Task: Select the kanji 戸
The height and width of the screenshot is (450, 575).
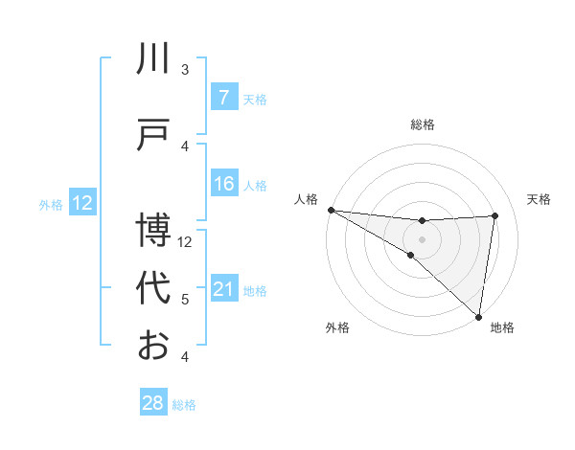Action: click(x=153, y=136)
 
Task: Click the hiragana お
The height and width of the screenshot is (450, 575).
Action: click(x=153, y=345)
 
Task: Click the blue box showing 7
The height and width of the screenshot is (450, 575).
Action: click(x=223, y=98)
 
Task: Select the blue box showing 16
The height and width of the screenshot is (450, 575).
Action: click(x=223, y=184)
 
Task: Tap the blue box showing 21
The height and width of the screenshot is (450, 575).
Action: click(x=223, y=289)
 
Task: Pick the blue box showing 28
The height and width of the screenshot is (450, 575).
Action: click(x=153, y=403)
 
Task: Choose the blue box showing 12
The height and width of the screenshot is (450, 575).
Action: click(x=82, y=203)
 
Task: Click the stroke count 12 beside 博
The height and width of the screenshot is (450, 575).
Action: click(x=186, y=242)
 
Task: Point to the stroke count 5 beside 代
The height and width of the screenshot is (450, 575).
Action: click(x=185, y=300)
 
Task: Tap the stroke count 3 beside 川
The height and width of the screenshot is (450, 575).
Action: click(x=185, y=70)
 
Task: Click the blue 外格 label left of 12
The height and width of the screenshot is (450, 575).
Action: click(x=51, y=204)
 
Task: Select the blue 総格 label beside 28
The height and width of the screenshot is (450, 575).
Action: click(x=185, y=405)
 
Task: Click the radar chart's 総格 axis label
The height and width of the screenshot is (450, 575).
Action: click(x=422, y=124)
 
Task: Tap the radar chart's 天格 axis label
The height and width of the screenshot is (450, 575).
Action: click(x=539, y=199)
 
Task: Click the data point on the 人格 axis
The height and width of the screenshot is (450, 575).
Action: click(x=331, y=209)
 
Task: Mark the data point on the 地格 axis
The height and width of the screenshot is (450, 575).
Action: click(x=478, y=316)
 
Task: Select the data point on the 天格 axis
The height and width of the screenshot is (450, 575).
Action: click(x=494, y=215)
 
